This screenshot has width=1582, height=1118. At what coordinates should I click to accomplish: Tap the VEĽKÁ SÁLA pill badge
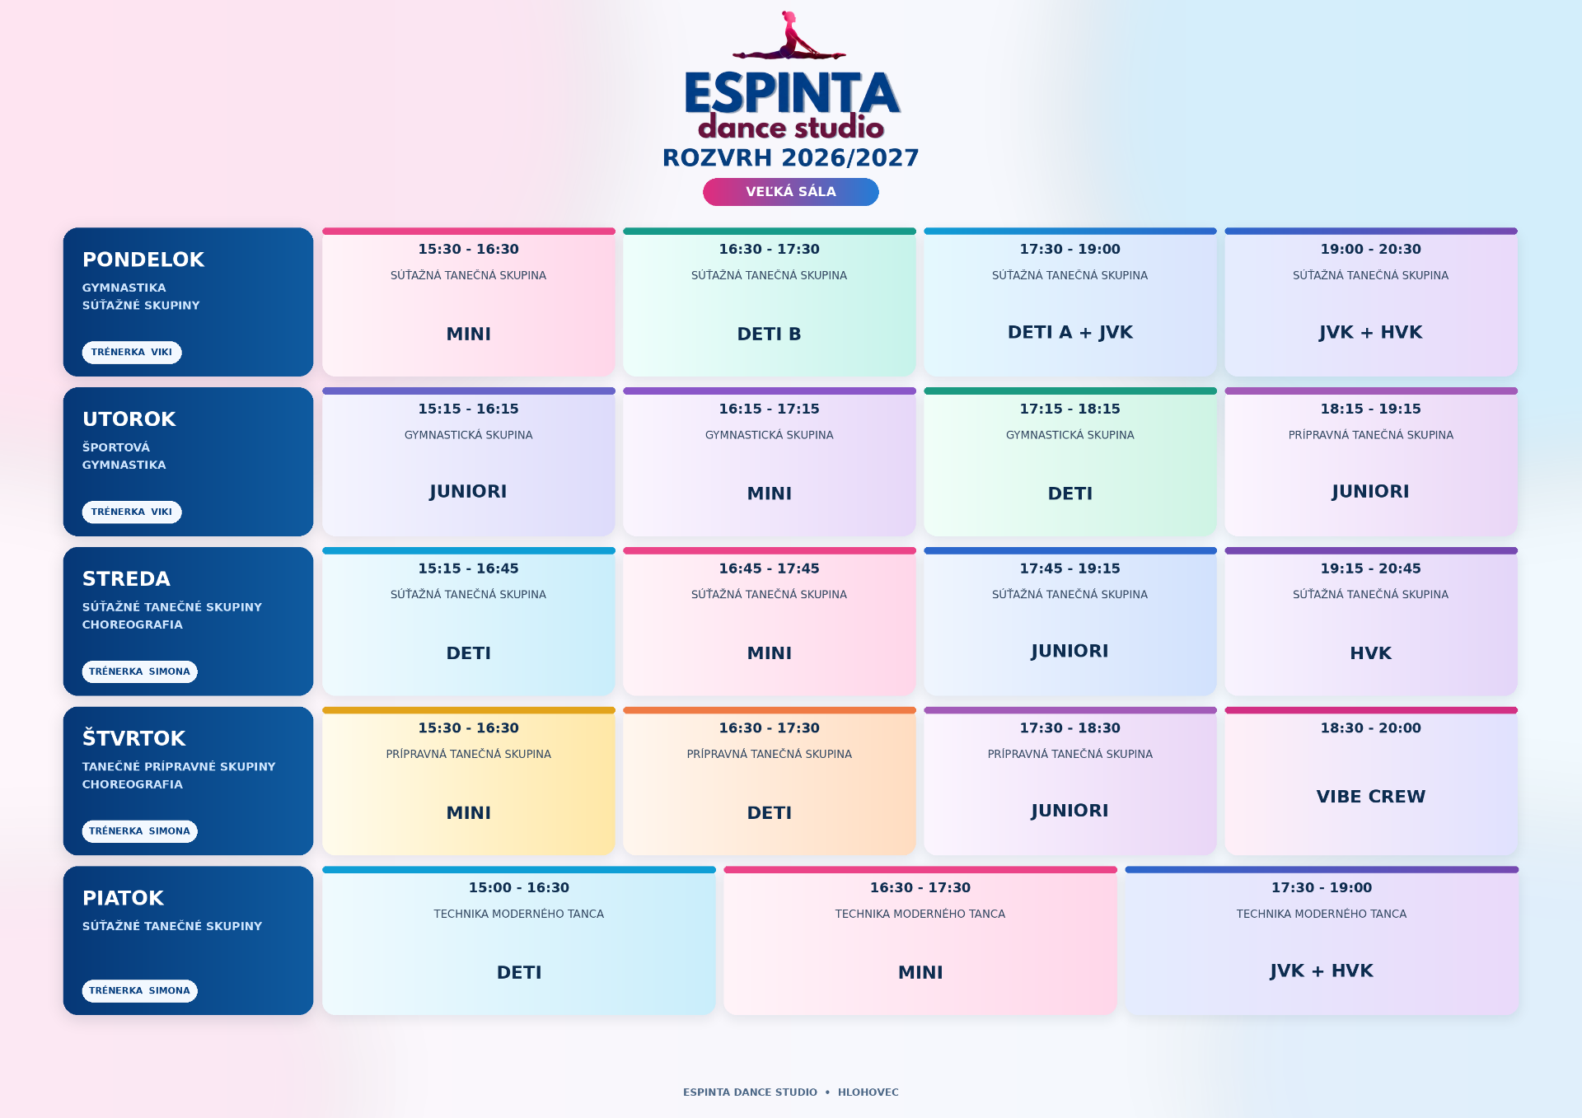pos(791,192)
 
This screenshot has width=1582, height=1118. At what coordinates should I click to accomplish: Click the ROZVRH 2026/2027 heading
pos(791,157)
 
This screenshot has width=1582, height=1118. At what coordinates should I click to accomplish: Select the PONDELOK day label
pos(143,260)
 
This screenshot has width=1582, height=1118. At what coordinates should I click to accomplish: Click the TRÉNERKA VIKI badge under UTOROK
pos(132,512)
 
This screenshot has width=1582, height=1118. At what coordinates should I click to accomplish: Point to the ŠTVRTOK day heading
pos(134,738)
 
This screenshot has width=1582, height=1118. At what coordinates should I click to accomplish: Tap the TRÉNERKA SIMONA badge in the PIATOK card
pos(140,990)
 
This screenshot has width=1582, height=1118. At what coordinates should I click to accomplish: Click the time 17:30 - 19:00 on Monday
pos(1070,249)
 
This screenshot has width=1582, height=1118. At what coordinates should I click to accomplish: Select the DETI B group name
pos(770,334)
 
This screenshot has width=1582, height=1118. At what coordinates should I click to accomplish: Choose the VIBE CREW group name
pos(1371,797)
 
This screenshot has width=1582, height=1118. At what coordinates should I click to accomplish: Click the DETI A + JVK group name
pos(1070,332)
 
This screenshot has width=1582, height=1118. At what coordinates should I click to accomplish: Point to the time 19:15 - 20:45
pos(1371,568)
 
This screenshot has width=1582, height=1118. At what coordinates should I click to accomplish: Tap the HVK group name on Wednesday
pos(1371,653)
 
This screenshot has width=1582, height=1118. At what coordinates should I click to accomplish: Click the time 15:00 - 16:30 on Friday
pos(519,887)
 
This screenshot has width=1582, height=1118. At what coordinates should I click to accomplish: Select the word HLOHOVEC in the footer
pos(868,1092)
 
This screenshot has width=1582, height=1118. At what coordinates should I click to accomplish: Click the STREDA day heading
pos(127,579)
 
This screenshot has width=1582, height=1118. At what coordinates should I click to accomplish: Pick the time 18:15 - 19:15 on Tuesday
pos(1371,409)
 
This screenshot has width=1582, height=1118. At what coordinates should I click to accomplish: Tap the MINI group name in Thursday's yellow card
pos(469,813)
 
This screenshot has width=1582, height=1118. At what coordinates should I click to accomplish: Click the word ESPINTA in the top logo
pos(791,92)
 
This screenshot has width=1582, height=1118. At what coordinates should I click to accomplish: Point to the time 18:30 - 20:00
pos(1371,728)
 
